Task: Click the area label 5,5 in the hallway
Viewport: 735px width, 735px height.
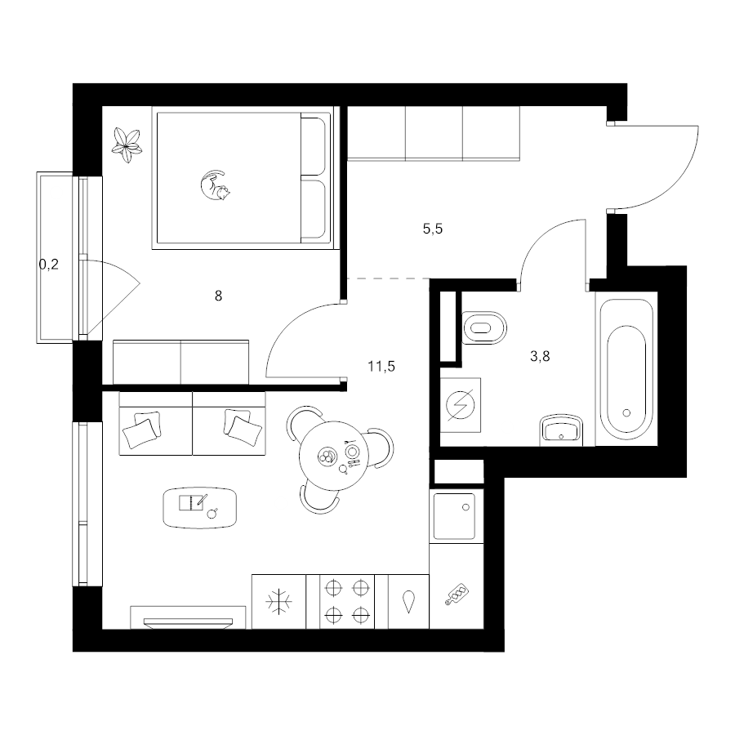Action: [433, 229]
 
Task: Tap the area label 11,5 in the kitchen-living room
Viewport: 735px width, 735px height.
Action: [381, 366]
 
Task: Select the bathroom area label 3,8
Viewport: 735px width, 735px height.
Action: [540, 356]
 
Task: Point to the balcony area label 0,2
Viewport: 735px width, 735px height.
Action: [49, 265]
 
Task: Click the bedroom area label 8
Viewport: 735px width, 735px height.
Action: [218, 296]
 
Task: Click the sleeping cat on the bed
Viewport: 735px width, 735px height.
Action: [216, 186]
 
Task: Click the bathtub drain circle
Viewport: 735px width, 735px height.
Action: [626, 413]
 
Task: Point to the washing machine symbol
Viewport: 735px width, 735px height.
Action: [461, 405]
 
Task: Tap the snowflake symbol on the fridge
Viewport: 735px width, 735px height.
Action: [278, 601]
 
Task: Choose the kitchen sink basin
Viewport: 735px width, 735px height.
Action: [454, 515]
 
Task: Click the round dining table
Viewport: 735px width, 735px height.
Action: [334, 455]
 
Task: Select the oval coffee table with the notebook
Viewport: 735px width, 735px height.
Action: [200, 508]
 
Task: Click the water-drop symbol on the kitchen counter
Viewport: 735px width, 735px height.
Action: [409, 601]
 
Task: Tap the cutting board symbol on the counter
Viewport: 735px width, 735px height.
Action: [457, 595]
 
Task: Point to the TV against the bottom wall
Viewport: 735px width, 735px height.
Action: [188, 622]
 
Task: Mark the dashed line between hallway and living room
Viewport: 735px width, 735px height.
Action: [389, 279]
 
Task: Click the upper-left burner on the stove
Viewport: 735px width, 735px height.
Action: [333, 587]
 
